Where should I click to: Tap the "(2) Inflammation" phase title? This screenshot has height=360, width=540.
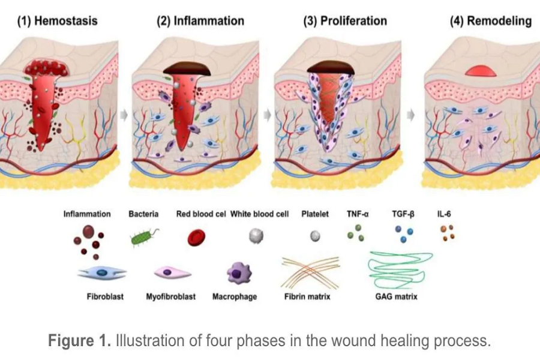[x=200, y=21]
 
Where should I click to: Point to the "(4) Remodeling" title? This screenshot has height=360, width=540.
[x=491, y=21]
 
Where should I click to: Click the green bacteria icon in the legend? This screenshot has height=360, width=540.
[x=143, y=238]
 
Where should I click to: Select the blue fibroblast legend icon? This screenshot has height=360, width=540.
[x=102, y=273]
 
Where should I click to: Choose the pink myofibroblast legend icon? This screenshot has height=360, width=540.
[x=172, y=273]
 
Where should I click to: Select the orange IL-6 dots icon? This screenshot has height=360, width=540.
[x=447, y=233]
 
